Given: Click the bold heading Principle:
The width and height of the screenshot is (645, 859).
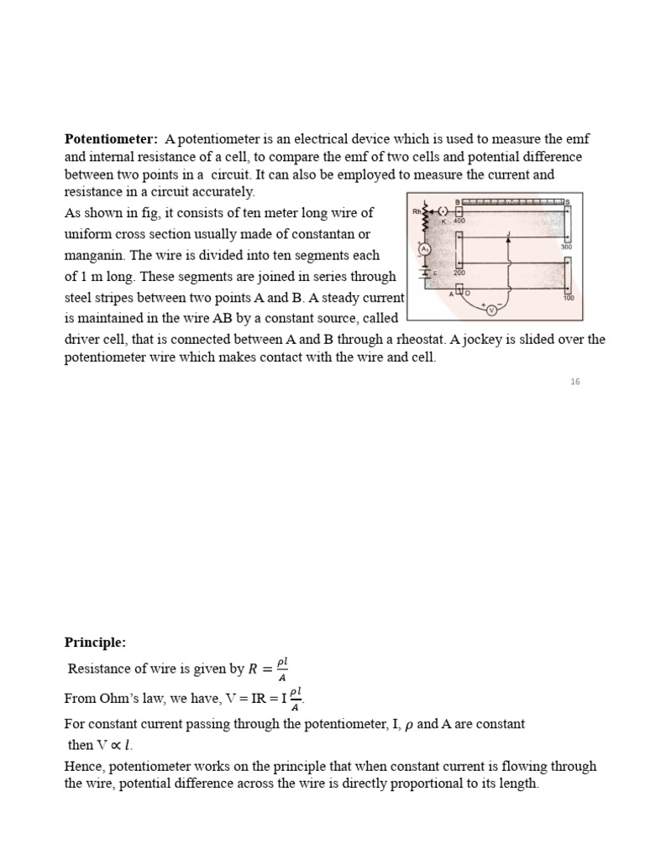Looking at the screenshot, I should (x=95, y=643).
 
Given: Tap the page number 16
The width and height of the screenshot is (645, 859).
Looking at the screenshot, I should (x=575, y=382).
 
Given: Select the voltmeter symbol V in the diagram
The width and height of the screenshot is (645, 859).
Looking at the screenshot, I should (x=492, y=310).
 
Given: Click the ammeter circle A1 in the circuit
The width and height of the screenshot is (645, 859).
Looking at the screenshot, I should (x=425, y=250).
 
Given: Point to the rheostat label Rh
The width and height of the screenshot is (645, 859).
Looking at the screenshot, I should (x=417, y=211).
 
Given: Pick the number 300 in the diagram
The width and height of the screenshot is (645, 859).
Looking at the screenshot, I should (x=566, y=247).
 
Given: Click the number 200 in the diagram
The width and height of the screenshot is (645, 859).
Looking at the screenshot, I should (x=459, y=273).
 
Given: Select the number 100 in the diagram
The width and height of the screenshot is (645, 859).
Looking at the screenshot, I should (x=569, y=298).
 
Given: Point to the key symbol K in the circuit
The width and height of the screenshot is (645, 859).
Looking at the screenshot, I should (x=443, y=221).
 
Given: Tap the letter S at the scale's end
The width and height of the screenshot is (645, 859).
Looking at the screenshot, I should (x=569, y=202).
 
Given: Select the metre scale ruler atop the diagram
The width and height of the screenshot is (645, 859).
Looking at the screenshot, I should (x=512, y=202).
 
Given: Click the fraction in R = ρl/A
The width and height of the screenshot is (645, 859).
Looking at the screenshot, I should (x=281, y=669).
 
